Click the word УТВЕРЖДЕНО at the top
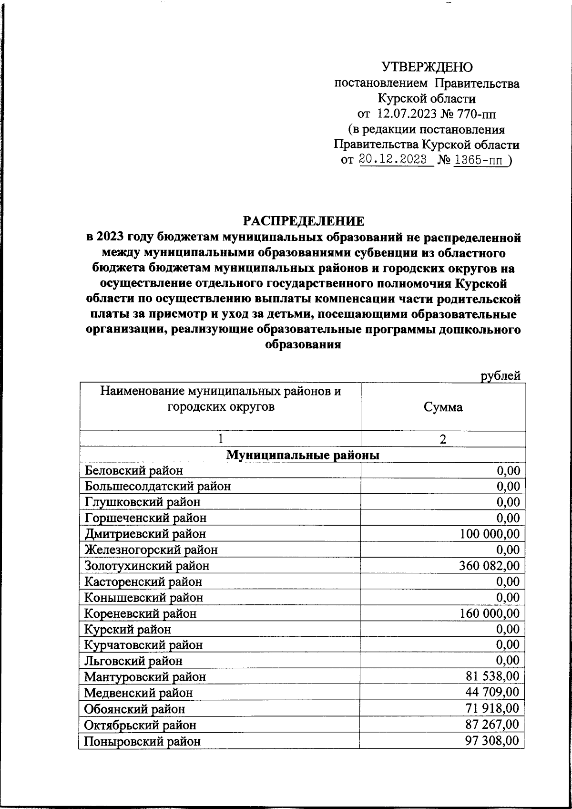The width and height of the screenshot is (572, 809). [427, 67]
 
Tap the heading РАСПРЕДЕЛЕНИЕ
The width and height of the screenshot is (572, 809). [304, 221]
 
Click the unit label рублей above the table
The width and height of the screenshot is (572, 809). [500, 376]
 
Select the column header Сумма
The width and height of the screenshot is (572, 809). [443, 407]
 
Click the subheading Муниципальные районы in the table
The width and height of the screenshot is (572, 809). [303, 455]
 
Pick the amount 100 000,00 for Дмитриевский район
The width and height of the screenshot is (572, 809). [490, 534]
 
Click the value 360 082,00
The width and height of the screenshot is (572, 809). [490, 566]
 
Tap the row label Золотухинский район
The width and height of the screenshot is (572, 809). [147, 566]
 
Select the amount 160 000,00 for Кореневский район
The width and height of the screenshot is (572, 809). [490, 613]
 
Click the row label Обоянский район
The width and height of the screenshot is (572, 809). [135, 709]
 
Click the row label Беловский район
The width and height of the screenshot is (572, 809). [133, 471]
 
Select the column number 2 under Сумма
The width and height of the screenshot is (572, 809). [443, 439]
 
